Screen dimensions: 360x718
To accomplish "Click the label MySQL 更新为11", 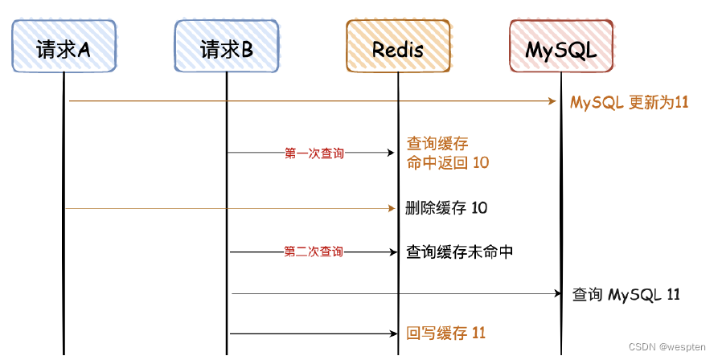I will [630, 103].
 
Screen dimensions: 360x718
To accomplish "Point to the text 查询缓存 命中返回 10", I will [448, 153].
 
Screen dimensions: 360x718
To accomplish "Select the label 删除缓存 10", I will [447, 208].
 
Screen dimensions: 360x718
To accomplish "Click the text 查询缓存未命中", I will [460, 252].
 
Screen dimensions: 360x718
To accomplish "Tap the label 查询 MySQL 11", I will [626, 294].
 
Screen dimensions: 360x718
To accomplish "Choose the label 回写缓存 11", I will [446, 333].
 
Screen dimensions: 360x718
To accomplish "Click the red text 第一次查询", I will [314, 153].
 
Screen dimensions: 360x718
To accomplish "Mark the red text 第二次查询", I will [314, 252].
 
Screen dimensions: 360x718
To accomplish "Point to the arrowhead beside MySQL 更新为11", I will [553, 101].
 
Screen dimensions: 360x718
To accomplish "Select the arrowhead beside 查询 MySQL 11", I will [556, 294].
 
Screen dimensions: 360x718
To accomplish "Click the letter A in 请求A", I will [83, 50].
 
